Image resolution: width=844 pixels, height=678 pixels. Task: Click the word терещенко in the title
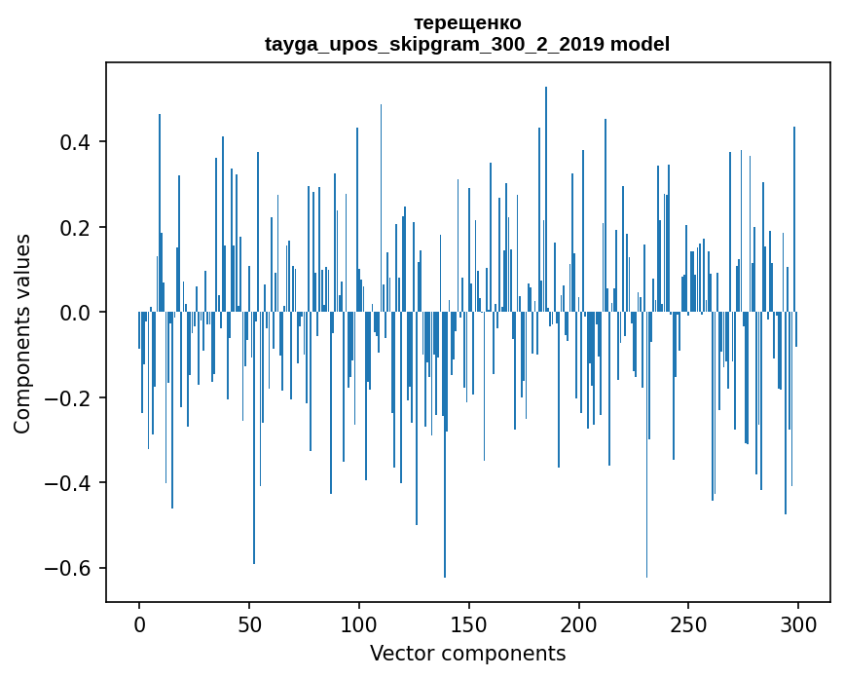tap(467, 22)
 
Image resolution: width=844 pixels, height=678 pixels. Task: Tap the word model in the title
tap(640, 44)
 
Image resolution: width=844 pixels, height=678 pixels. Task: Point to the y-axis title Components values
tap(22, 333)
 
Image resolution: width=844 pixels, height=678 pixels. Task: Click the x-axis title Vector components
tap(467, 653)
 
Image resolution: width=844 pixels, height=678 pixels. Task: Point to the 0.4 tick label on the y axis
tap(76, 142)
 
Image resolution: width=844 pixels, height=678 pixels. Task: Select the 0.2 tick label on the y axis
tap(76, 228)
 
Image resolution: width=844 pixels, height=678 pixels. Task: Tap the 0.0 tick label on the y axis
tap(76, 313)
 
